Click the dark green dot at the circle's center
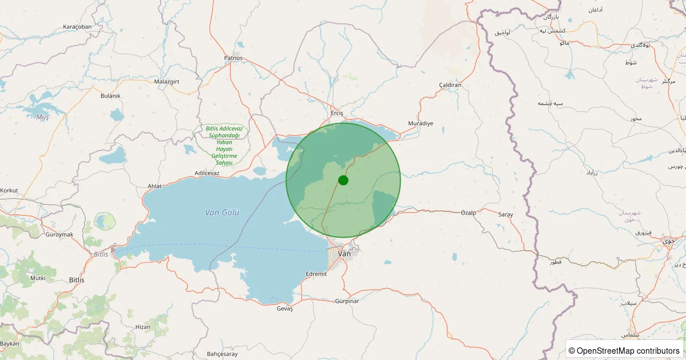pos(343,180)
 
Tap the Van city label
pos(345,253)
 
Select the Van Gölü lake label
pos(222,213)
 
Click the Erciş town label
pos(337,113)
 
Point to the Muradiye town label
pos(421,123)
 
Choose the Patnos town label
pos(233,58)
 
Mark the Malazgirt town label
pos(167,82)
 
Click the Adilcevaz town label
pos(207,173)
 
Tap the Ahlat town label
pos(155,186)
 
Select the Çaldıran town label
pos(450,85)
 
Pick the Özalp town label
pos(468,213)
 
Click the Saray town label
pos(505,214)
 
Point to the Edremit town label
pos(317,274)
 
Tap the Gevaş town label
pos(284,309)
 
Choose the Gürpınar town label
pos(347,301)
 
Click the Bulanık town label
pos(110,96)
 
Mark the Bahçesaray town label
pos(222,354)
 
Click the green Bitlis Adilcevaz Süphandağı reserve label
pos(220,146)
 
